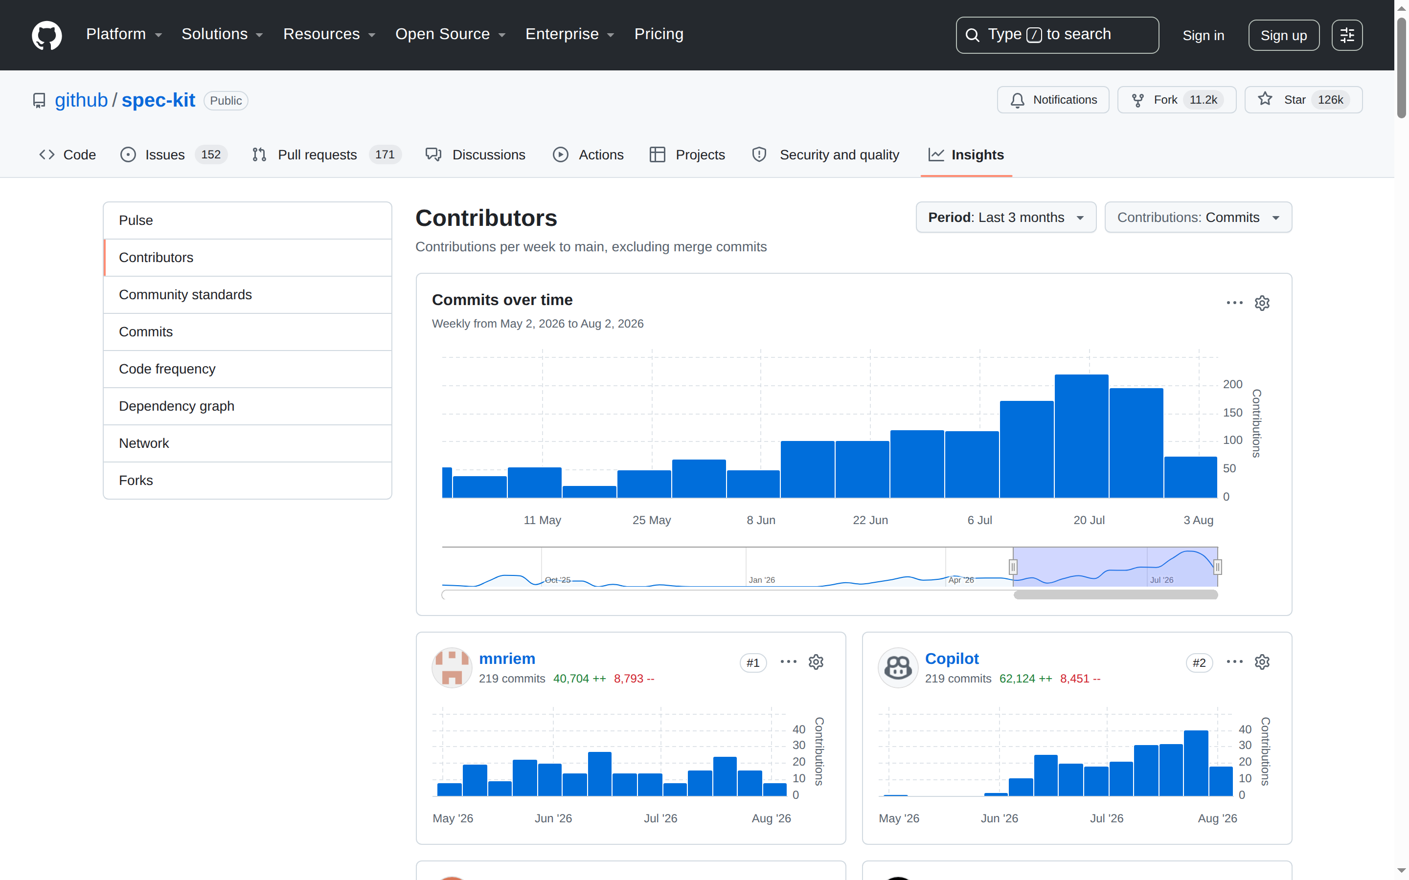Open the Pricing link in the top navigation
tap(659, 34)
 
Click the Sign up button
tap(1283, 36)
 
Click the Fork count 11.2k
tap(1203, 100)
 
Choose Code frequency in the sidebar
tap(167, 369)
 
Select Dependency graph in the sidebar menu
tap(177, 406)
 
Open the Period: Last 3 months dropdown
tap(1005, 218)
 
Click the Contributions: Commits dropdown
tap(1198, 218)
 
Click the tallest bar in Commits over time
tap(1081, 436)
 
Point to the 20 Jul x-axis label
tap(1089, 520)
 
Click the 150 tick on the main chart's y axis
tap(1232, 413)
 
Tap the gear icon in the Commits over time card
tap(1262, 303)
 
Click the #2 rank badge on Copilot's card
tap(1199, 663)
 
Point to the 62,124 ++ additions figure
tap(1025, 679)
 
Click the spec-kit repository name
tap(159, 100)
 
